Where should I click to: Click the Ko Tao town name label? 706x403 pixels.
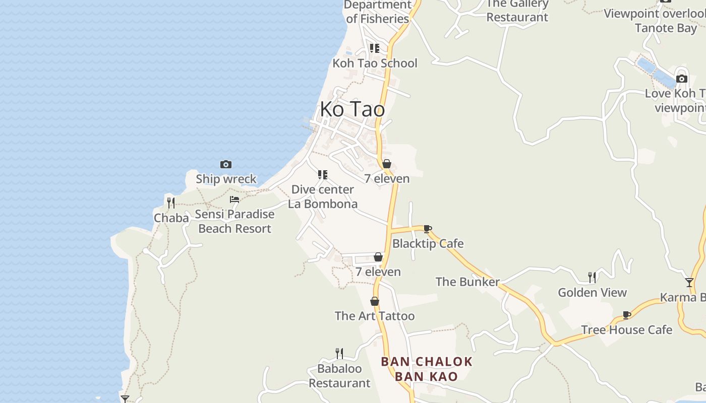click(352, 109)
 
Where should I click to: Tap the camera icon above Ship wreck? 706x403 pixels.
click(226, 164)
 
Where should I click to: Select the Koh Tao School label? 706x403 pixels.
click(375, 63)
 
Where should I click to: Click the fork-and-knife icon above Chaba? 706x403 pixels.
click(171, 203)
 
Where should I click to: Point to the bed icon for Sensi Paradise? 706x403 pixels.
click(234, 199)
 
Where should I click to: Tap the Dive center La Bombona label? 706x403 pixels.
click(323, 196)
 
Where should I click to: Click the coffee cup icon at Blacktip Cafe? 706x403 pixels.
click(428, 229)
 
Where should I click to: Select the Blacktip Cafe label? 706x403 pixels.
click(428, 244)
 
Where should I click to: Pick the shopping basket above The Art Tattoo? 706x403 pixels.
click(375, 301)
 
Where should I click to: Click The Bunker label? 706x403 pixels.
click(467, 282)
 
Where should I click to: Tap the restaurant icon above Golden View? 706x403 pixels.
click(592, 277)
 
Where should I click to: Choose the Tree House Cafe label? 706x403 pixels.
click(626, 330)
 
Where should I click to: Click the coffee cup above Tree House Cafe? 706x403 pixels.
click(627, 315)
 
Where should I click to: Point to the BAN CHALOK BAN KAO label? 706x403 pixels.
click(427, 369)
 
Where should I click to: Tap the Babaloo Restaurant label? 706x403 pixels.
click(339, 376)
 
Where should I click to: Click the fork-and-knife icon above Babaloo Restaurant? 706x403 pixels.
click(339, 353)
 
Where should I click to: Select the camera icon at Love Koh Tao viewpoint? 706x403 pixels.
click(682, 79)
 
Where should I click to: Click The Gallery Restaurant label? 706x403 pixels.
click(517, 11)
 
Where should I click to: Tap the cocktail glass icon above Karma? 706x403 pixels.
click(689, 282)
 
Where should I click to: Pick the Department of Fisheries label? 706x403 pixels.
click(377, 12)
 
